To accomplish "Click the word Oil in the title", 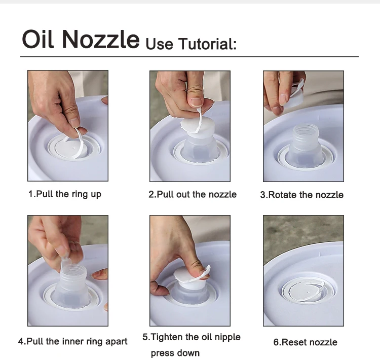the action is pyautogui.click(x=37, y=39).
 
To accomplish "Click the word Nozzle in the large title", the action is pyautogui.click(x=101, y=40).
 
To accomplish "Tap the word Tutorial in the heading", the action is pyautogui.click(x=207, y=44).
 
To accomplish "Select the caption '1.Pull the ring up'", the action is pyautogui.click(x=65, y=194).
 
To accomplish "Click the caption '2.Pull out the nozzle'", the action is pyautogui.click(x=193, y=194).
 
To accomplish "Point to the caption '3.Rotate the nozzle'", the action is pyautogui.click(x=302, y=195).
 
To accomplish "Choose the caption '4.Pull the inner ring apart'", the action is pyautogui.click(x=72, y=341).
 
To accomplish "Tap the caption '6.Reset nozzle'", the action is pyautogui.click(x=306, y=342).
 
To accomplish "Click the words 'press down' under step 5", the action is pyautogui.click(x=175, y=353).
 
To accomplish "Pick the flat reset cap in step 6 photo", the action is pyautogui.click(x=306, y=291).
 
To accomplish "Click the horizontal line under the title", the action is pyautogui.click(x=189, y=56).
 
